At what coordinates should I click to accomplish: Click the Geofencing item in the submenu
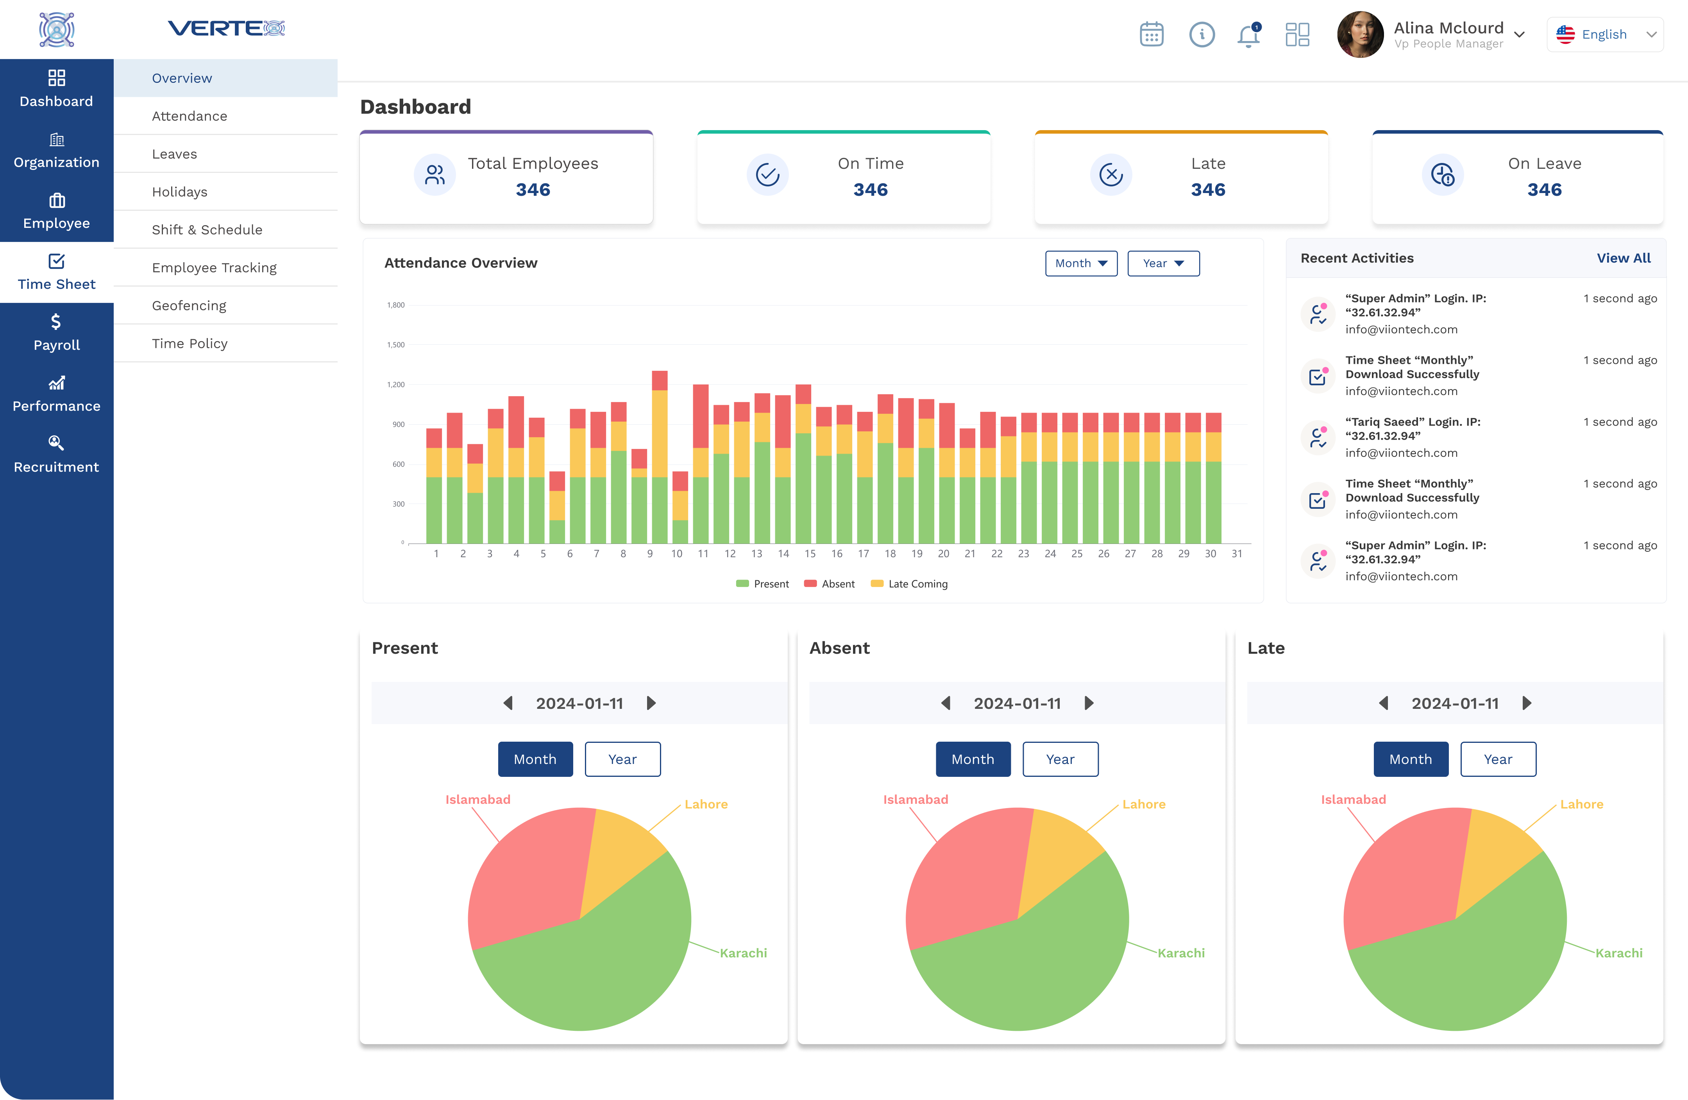[189, 306]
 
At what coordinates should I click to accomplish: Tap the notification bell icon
[1248, 35]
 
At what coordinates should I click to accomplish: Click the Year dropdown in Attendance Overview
[1163, 263]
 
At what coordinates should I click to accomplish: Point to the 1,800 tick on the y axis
[396, 305]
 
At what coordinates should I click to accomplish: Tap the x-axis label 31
[1236, 554]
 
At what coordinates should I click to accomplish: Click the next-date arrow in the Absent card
[1089, 703]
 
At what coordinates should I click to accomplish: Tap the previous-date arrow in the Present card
[508, 703]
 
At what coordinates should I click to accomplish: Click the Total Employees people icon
[435, 174]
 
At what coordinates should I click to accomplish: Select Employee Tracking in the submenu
[214, 267]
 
